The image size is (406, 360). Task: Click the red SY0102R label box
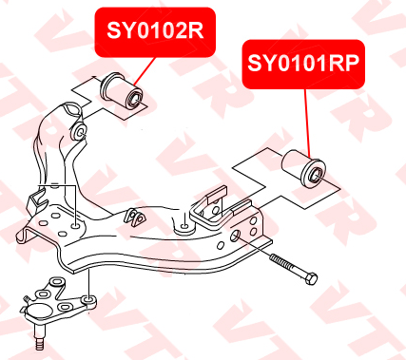click(155, 32)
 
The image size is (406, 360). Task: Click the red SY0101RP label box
click(303, 64)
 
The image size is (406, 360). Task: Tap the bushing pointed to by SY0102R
click(123, 91)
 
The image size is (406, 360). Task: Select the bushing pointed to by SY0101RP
click(303, 169)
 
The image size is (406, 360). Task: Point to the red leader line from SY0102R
click(145, 71)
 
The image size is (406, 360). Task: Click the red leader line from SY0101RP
click(307, 123)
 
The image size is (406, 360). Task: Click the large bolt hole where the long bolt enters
click(235, 236)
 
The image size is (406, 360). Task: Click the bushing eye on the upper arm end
click(79, 132)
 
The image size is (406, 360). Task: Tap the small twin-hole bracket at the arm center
click(135, 217)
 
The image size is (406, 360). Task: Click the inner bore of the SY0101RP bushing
click(316, 175)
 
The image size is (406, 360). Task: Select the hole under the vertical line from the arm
click(76, 225)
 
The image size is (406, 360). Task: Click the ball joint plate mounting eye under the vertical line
click(89, 300)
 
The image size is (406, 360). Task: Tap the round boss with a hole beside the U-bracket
click(184, 228)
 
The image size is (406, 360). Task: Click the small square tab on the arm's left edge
click(36, 200)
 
